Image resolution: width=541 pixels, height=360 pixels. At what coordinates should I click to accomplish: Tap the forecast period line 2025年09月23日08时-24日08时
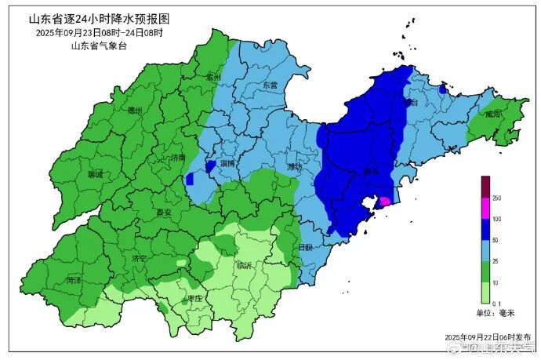coord(99,33)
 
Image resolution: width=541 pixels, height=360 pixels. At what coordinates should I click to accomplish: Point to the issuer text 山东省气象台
coord(99,46)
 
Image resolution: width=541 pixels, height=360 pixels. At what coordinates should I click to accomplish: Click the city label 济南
coord(178,158)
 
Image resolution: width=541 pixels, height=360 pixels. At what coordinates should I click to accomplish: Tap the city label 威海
coord(492,115)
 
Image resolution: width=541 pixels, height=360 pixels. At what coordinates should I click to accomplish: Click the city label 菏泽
coord(74,279)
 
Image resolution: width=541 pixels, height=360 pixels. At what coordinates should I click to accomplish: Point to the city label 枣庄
coord(194,299)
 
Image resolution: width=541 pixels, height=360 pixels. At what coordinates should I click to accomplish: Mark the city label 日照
coord(304,248)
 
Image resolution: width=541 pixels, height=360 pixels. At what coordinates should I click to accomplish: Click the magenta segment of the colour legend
coord(485,208)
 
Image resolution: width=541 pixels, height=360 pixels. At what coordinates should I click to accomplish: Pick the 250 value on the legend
coord(497,198)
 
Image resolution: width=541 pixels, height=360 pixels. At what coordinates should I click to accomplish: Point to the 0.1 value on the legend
coord(496,303)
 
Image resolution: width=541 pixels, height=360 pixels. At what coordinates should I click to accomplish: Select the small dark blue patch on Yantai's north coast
coord(443,90)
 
